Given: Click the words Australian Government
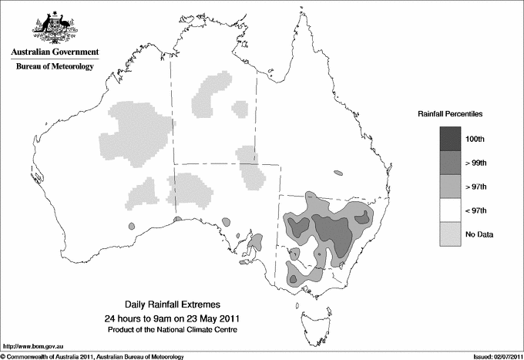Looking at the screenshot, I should pyautogui.click(x=55, y=52).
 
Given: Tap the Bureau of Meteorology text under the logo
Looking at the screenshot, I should pyautogui.click(x=55, y=67).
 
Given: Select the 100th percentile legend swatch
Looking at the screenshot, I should pyautogui.click(x=451, y=139).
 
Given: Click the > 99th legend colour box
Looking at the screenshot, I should pyautogui.click(x=451, y=163).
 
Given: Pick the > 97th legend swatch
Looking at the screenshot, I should pyautogui.click(x=451, y=186).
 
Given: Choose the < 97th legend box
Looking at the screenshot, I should pyautogui.click(x=451, y=210).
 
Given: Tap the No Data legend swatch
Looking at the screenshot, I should pyautogui.click(x=451, y=234).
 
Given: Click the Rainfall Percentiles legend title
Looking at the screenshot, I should pyautogui.click(x=450, y=113).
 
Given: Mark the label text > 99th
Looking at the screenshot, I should pyautogui.click(x=475, y=163).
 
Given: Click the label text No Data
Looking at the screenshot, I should pyautogui.click(x=479, y=234).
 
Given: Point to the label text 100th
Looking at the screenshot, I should pyautogui.click(x=475, y=139).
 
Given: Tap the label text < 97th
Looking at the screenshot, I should pyautogui.click(x=475, y=210).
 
